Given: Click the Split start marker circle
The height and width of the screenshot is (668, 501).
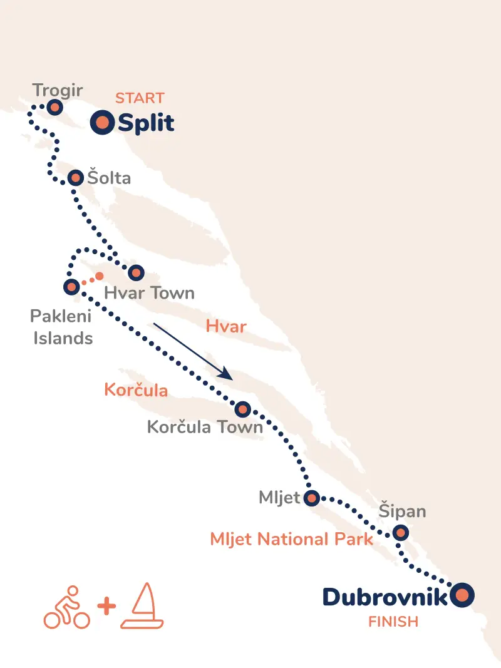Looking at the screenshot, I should pos(102,123).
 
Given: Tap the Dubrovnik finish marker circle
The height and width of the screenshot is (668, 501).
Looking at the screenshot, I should pos(462,595).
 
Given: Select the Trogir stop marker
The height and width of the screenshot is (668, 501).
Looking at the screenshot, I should pos(54,108).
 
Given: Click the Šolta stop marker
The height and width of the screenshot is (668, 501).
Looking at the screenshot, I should pos(75,178).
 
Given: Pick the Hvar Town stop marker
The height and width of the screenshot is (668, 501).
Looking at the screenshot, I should pos(136,272).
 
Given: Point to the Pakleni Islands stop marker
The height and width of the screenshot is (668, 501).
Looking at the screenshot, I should pos(71,287).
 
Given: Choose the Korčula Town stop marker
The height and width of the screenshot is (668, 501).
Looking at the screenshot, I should pos(242,409).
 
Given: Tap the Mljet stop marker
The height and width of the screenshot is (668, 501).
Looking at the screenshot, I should pos(311,498).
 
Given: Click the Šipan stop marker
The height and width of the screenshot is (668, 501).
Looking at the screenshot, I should pos(400,533).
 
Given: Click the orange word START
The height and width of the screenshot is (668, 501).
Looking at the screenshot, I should pos(140,98).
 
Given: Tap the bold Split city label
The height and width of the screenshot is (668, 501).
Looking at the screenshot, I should pos(146,123).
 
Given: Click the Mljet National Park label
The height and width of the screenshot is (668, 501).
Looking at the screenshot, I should pos(292,539).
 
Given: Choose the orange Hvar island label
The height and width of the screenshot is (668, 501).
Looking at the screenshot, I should pos(226,326).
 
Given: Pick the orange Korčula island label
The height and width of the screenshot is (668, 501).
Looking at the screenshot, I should pos(136,391).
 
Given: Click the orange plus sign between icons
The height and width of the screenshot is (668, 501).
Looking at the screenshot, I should pos(107,607).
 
